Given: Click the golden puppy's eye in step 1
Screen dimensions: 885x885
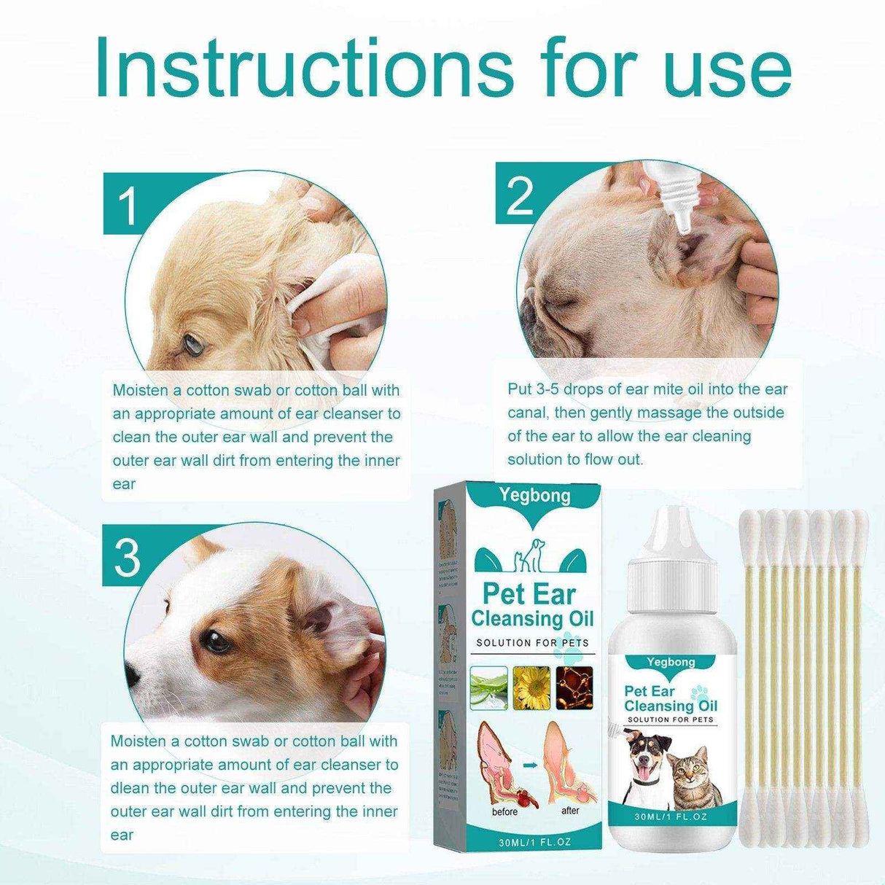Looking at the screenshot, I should point(193,340).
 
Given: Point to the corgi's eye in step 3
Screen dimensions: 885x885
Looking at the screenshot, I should point(215,642).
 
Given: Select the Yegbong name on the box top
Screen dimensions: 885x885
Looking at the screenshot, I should point(535,496).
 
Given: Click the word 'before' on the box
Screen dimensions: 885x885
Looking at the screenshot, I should point(504,811).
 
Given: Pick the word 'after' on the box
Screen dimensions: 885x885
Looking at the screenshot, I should point(571,810).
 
